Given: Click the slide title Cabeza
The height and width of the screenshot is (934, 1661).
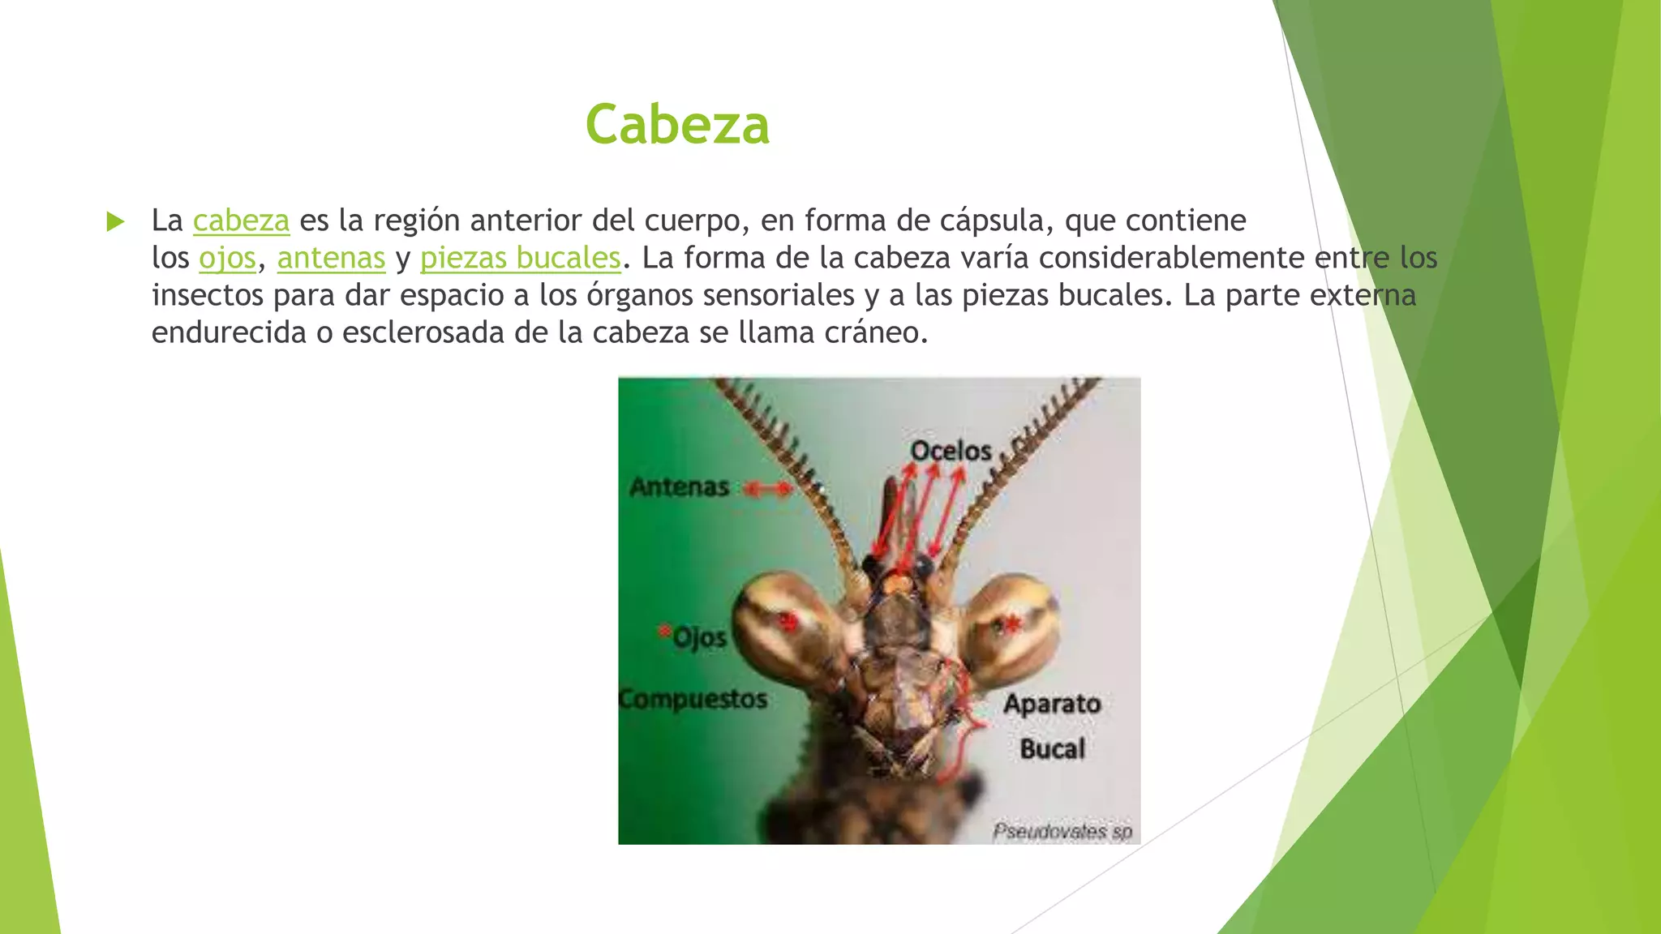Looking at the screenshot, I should pos(677,125).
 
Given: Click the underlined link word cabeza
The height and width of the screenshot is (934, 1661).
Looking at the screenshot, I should pos(241,221).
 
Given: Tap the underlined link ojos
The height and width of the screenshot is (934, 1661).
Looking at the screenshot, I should pos(227,258).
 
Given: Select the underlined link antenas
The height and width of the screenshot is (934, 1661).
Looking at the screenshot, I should pos(331,258).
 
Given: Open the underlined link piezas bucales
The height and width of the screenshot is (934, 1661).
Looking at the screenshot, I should pos(520,258).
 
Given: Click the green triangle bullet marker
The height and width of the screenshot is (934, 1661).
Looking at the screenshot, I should pos(116,221).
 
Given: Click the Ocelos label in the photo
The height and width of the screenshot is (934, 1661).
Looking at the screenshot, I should pos(951,451).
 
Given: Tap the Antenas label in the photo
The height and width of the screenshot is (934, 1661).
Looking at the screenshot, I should pos(680,487).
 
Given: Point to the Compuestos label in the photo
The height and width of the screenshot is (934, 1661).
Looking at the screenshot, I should pos(693,699).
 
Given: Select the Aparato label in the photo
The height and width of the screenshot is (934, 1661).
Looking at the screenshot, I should pos(1052,704).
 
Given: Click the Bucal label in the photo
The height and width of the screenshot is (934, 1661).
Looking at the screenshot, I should pos(1052,748).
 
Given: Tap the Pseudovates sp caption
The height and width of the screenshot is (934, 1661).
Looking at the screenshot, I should pos(1062,832).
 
